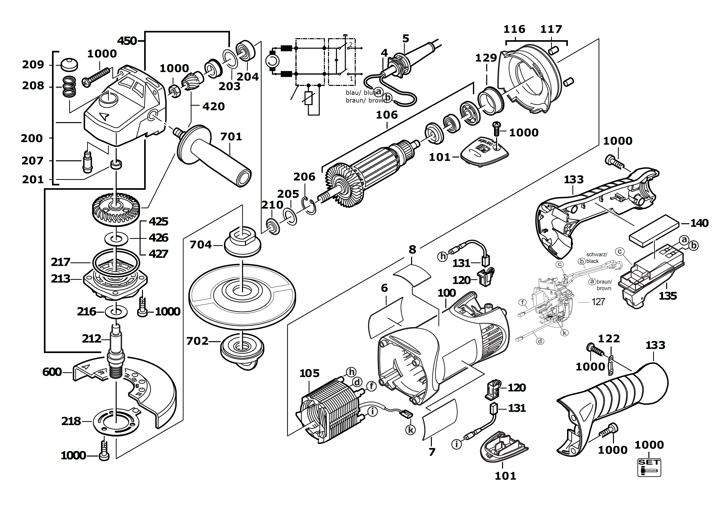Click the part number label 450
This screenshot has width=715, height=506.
[x=127, y=41]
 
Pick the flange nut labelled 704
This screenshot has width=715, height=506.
[x=242, y=241]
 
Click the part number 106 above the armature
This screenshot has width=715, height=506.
[x=387, y=115]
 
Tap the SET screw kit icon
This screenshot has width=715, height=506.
[x=649, y=467]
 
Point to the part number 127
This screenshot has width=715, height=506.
[x=598, y=302]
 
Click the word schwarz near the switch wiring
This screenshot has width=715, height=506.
[x=596, y=254]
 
